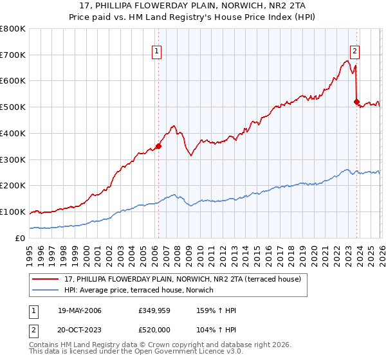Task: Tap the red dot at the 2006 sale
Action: coord(158,146)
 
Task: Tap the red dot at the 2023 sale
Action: coord(356,102)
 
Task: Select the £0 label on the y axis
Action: coord(21,238)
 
